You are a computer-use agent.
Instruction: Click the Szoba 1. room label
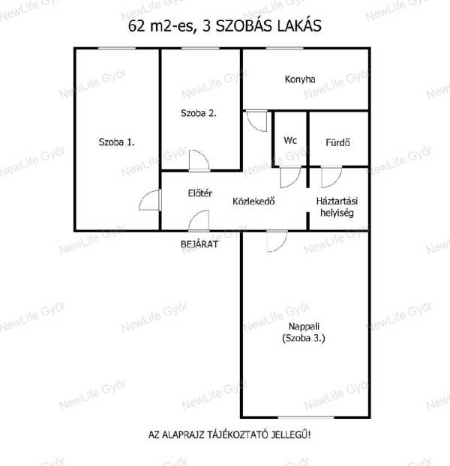116,142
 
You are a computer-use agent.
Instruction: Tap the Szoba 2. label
199,113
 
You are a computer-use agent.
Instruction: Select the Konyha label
300,79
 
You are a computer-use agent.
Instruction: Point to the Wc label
290,140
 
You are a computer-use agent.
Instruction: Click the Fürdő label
337,142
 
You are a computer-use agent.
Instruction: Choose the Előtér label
199,193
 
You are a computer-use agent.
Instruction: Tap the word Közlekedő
253,202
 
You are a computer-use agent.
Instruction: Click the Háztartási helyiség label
337,207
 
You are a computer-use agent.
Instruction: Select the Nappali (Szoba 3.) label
304,332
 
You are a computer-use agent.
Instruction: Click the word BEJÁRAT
199,244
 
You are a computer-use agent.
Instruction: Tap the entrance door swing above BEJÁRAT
199,220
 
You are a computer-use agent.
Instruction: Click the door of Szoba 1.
150,200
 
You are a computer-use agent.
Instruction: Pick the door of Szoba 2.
199,160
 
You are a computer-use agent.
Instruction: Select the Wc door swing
290,178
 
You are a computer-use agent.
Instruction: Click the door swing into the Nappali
277,241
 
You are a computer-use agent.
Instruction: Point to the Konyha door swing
256,121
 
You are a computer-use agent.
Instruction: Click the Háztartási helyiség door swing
331,178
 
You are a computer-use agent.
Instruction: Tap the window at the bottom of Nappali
306,417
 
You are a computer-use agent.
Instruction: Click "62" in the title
136,26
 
